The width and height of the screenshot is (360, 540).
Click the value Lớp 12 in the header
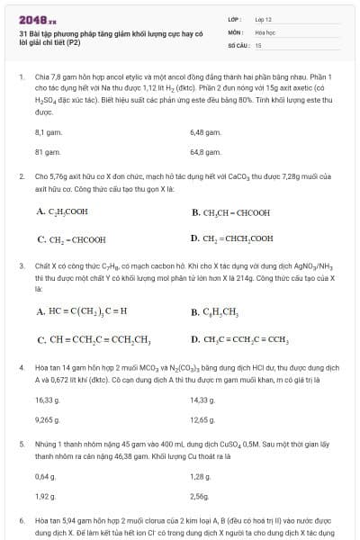263,18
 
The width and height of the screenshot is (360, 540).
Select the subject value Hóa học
265,31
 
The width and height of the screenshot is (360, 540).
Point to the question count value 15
258,44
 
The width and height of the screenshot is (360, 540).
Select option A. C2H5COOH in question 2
62,212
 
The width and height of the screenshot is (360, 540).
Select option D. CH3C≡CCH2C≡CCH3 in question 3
239,340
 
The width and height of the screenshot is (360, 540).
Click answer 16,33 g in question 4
47,399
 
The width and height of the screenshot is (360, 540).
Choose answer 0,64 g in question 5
45,475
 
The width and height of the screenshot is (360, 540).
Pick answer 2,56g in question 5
199,497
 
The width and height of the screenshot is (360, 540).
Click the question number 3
22,266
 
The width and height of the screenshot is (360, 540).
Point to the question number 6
22,520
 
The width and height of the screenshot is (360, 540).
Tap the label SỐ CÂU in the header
238,44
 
